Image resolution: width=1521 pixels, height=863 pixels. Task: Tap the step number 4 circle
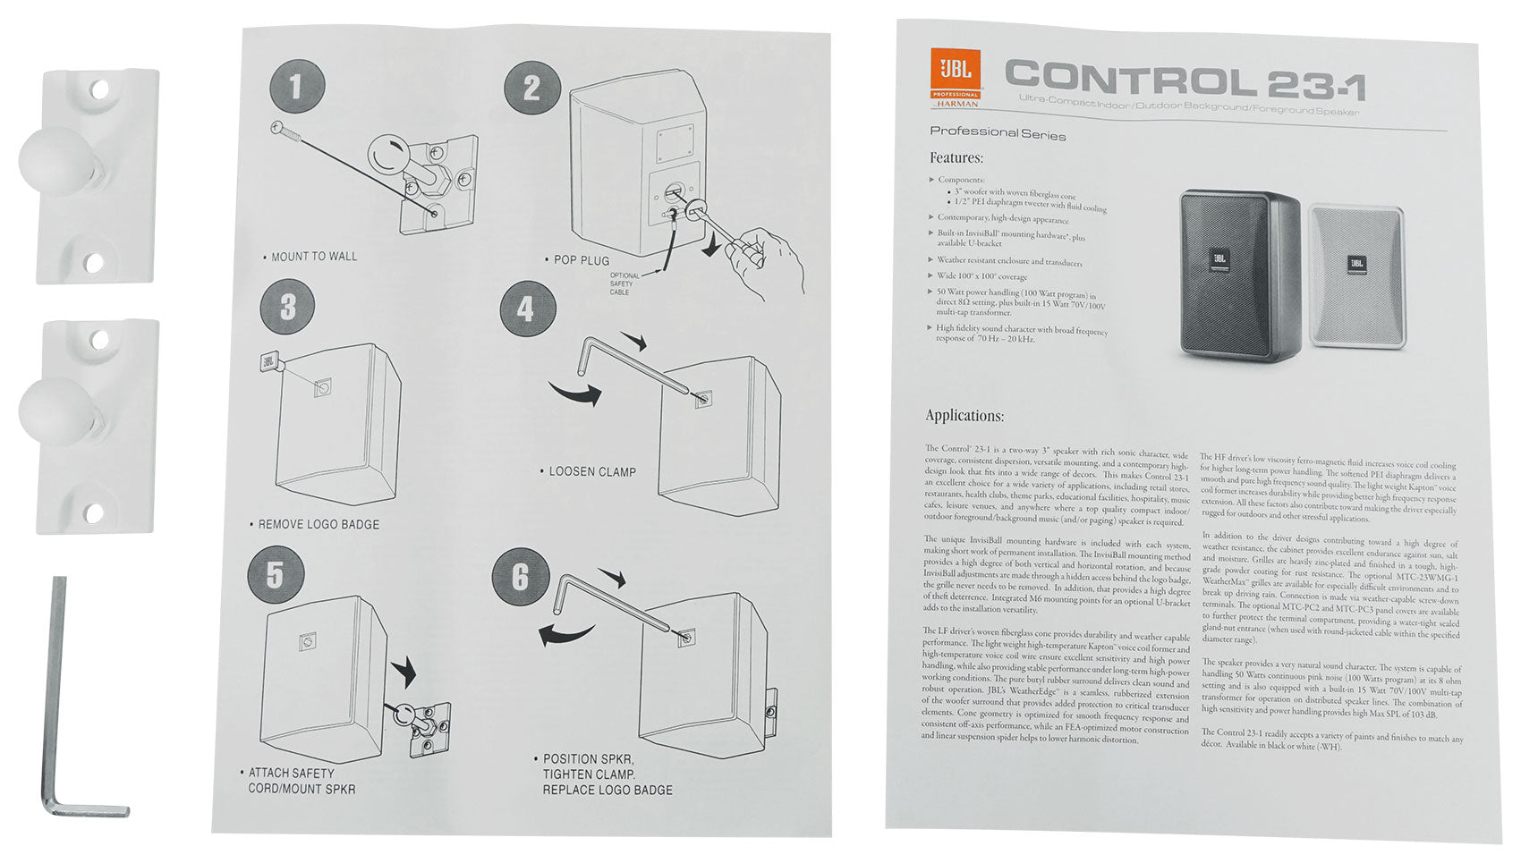(526, 309)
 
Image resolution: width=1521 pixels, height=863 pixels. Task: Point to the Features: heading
(956, 158)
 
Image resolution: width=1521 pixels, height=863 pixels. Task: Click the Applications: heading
(964, 416)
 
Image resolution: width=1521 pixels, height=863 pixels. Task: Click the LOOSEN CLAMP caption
(591, 471)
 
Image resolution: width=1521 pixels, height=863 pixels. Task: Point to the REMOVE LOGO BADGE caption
(318, 524)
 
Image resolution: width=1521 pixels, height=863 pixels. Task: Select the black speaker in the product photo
(1239, 273)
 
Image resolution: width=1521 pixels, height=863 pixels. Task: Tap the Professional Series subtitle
(998, 133)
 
